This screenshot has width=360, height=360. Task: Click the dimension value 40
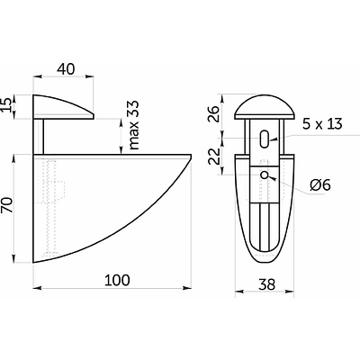point(66,69)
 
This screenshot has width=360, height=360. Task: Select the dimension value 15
point(8,104)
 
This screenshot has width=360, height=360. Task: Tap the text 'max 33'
point(134,125)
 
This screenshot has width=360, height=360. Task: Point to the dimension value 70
point(8,205)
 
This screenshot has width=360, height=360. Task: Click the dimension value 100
point(117,280)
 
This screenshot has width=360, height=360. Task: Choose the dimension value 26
point(214,113)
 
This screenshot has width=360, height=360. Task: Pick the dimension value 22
point(214,156)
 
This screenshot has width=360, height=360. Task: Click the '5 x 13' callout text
point(322,123)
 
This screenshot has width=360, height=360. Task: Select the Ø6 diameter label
point(320,185)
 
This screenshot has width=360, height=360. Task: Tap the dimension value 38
point(266,284)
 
